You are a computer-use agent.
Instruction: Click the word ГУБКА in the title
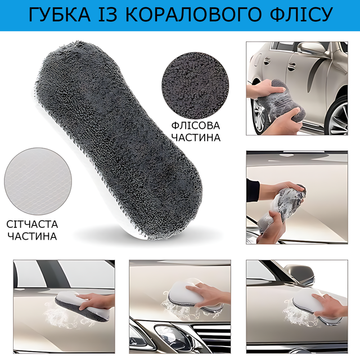click(x=60, y=15)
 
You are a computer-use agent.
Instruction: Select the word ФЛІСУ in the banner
click(x=301, y=15)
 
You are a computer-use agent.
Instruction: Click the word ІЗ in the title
click(x=108, y=15)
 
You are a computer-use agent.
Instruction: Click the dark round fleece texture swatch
click(x=195, y=85)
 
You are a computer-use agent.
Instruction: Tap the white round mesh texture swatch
click(x=38, y=181)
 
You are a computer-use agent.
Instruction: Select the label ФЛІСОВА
click(x=196, y=125)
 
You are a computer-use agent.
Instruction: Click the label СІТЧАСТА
click(x=32, y=224)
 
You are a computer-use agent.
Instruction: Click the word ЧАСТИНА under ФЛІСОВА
click(x=196, y=138)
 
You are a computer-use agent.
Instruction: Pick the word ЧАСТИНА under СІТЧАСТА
click(x=32, y=236)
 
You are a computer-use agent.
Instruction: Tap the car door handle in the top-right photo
click(x=292, y=67)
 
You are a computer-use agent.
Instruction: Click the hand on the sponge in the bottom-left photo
click(x=96, y=301)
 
